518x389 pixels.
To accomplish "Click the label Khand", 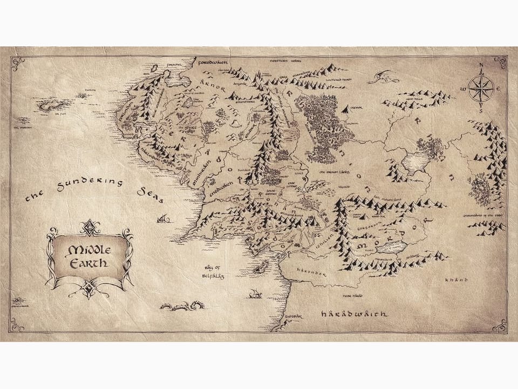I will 455,280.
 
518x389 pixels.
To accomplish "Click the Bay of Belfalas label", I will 211,271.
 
